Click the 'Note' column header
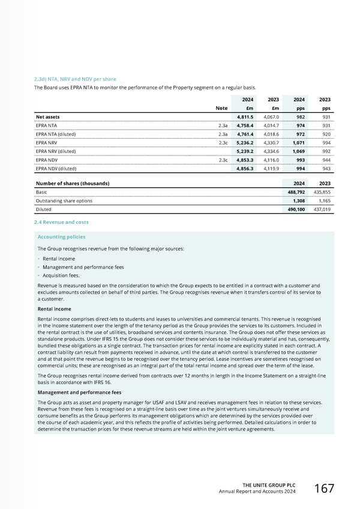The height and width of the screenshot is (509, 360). point(221,108)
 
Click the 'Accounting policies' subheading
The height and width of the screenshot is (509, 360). point(61,236)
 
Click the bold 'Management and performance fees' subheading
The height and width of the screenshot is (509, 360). point(79,392)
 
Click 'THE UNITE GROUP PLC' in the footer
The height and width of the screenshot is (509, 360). point(269,485)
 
